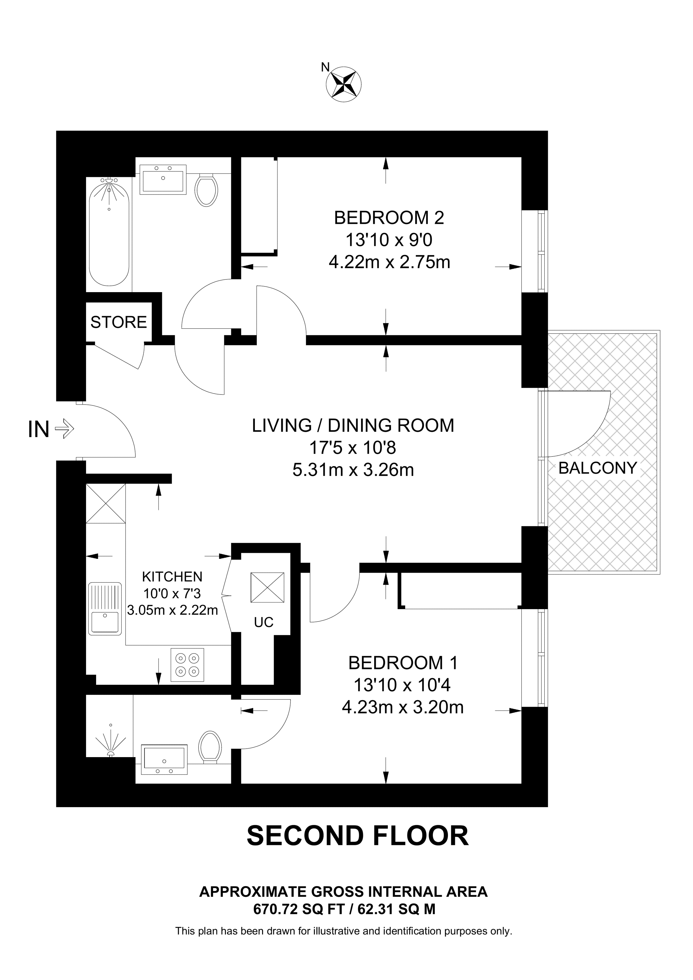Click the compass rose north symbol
343,84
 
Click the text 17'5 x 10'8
353,448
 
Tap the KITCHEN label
172,577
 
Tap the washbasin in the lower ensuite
164,759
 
